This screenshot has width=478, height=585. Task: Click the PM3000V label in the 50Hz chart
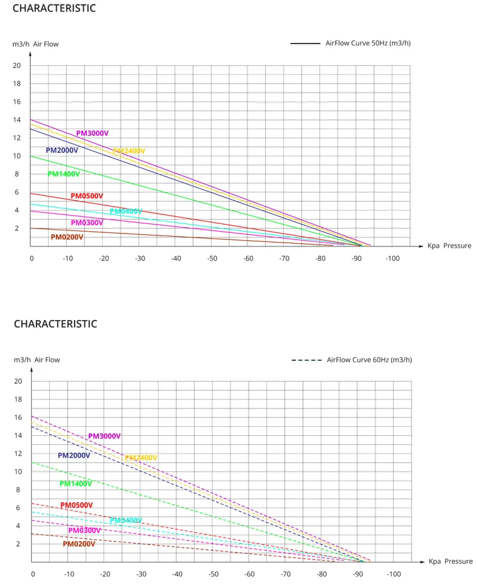point(93,133)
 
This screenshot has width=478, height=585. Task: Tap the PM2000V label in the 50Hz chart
point(62,150)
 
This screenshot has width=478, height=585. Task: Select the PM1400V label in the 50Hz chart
point(64,174)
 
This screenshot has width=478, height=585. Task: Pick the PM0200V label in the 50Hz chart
point(67,237)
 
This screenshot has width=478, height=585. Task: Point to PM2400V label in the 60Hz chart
point(141,458)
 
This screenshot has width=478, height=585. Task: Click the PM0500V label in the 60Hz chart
point(77,506)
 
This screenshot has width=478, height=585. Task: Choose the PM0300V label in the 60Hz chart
point(85,531)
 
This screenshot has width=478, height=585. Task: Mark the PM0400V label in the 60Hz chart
point(126,521)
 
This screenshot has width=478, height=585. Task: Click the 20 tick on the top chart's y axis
point(17,65)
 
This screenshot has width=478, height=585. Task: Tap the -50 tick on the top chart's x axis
point(212,258)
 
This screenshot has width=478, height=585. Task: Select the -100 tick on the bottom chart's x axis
point(394,573)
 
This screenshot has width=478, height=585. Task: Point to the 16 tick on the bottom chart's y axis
point(18,417)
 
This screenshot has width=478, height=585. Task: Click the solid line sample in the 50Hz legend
point(305,44)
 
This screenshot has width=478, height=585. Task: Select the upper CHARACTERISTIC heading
point(54,8)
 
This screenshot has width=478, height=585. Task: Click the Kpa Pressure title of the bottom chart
point(451,561)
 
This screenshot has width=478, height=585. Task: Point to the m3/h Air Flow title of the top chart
point(36,44)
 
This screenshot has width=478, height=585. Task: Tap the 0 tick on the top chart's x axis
point(31,258)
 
